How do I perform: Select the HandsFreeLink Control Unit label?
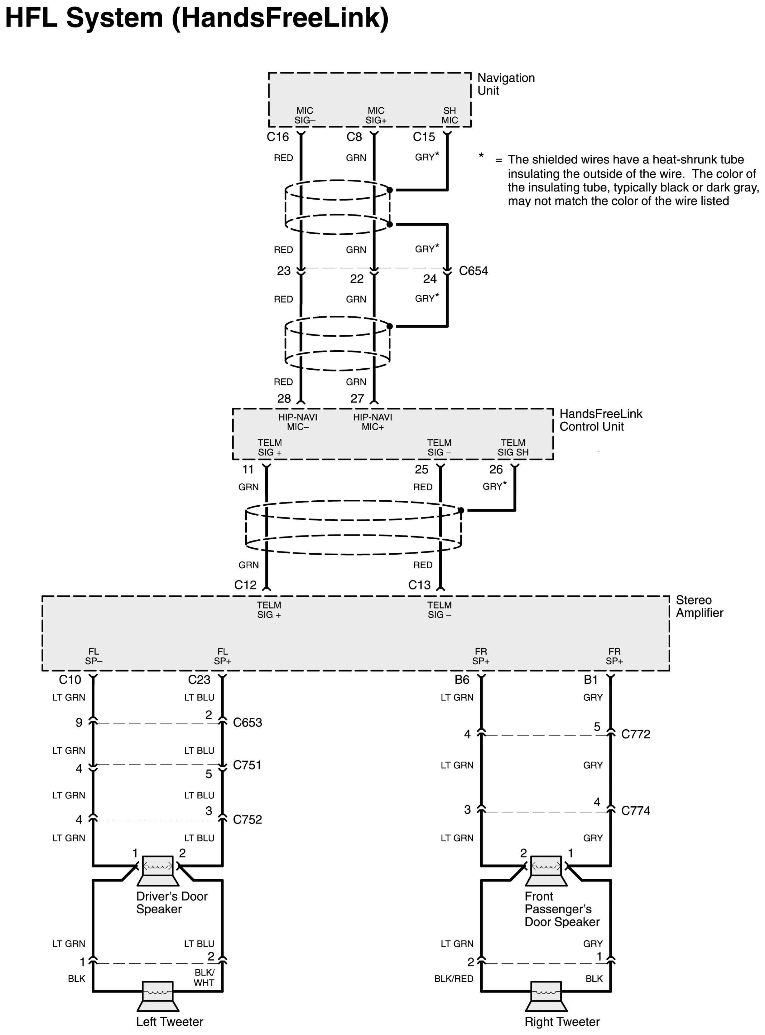click(x=601, y=420)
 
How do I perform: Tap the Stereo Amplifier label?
click(x=699, y=606)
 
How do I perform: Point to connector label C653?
click(x=247, y=722)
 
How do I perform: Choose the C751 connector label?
click(x=247, y=765)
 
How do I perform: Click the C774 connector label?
click(x=635, y=810)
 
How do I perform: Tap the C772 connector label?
click(x=635, y=734)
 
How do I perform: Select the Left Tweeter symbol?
click(x=157, y=996)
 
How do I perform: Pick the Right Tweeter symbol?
click(x=546, y=996)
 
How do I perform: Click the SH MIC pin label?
click(x=449, y=115)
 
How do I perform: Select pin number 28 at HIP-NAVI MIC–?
click(x=284, y=398)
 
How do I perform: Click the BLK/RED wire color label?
click(x=453, y=979)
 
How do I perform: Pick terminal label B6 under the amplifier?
click(x=462, y=680)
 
